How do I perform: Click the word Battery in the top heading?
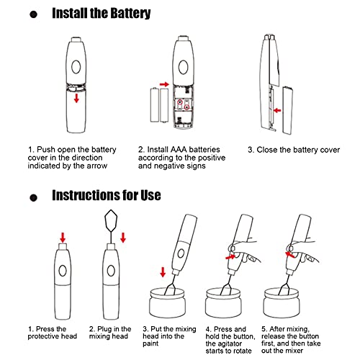(x=130, y=13)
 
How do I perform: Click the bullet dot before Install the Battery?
(x=34, y=14)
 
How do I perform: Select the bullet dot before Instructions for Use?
(x=34, y=198)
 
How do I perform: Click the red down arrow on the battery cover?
(x=76, y=98)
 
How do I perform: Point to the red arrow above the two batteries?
(x=164, y=84)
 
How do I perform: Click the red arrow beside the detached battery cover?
(x=277, y=110)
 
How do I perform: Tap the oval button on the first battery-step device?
(x=76, y=66)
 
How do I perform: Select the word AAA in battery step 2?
(x=179, y=150)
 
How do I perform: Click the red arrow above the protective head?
(x=63, y=238)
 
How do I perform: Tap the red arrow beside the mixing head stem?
(x=123, y=238)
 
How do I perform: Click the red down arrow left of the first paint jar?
(x=163, y=272)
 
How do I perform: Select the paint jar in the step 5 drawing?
(x=282, y=303)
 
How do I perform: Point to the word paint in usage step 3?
(x=150, y=343)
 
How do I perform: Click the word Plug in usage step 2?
(x=105, y=329)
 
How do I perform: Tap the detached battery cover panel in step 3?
(x=287, y=110)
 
